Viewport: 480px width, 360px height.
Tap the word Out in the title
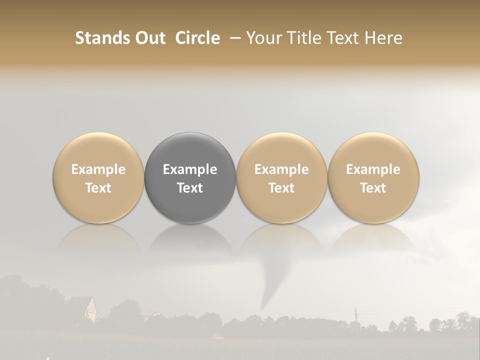(148, 38)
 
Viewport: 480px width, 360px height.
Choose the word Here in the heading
(383, 38)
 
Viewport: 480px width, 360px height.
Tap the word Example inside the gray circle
(190, 169)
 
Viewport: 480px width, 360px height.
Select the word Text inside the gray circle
(190, 188)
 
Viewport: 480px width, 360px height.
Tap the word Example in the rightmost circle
(373, 169)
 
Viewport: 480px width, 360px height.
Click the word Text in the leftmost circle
(98, 188)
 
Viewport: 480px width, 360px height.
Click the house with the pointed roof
(84, 307)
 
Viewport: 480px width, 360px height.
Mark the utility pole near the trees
(356, 317)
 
